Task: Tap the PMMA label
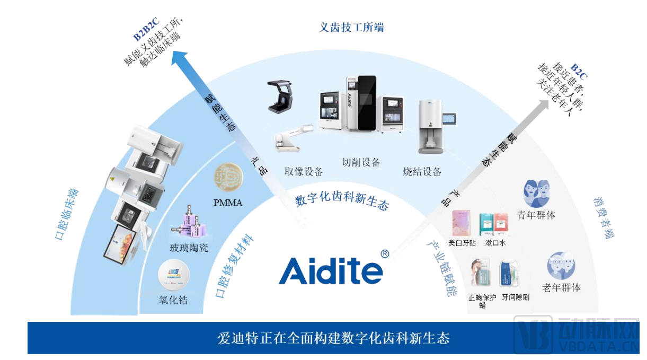[x=228, y=203]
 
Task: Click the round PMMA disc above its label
[x=228, y=177]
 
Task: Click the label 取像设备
[x=304, y=171]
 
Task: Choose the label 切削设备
[x=361, y=162]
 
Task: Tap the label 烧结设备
[x=422, y=171]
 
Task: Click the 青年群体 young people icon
[x=536, y=193]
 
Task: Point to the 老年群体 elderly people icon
[x=561, y=266]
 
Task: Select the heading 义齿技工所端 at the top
[x=351, y=27]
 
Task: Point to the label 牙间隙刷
[x=515, y=297]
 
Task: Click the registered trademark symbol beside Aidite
[x=385, y=254]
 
